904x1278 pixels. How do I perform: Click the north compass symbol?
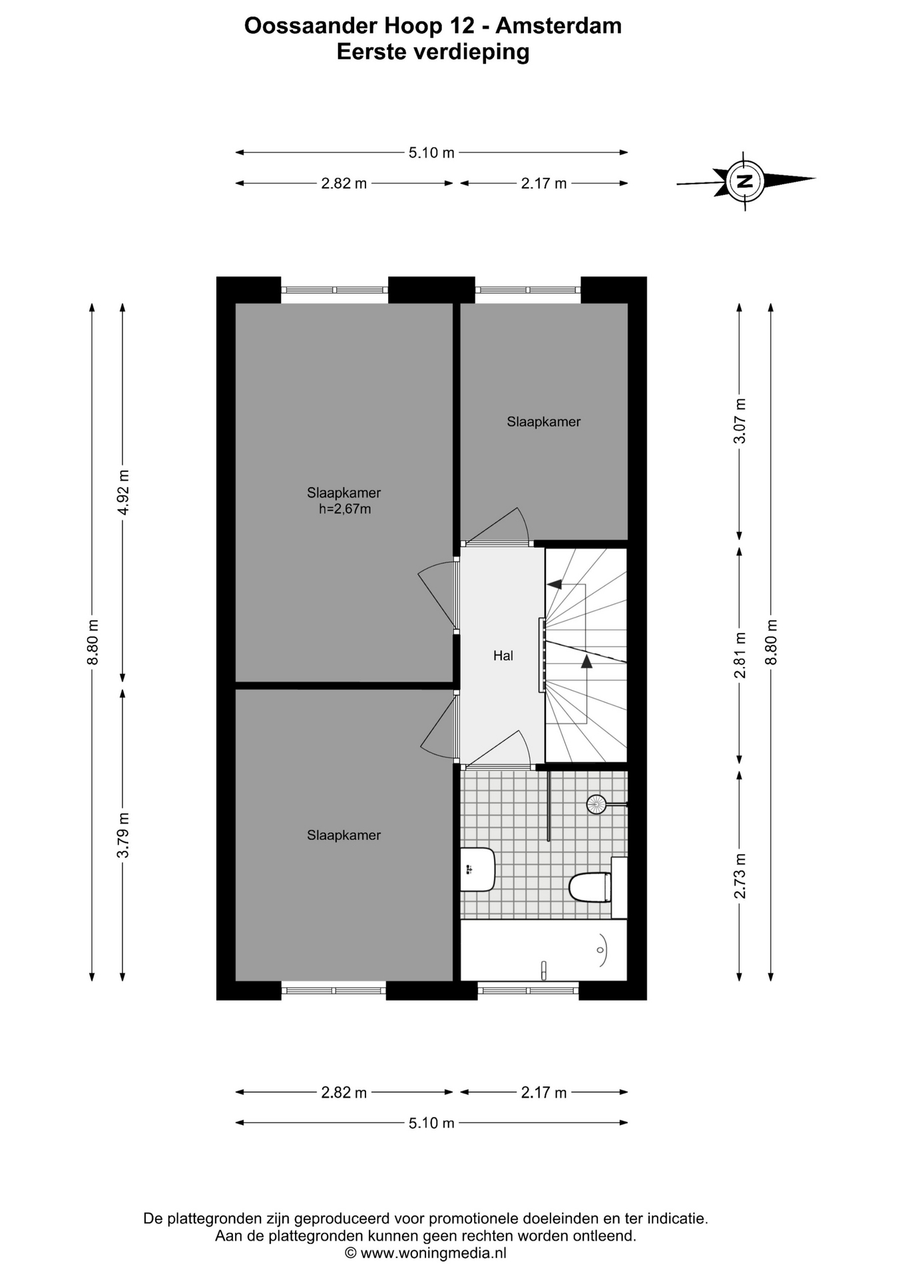coord(745,180)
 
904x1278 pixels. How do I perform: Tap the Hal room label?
coord(503,656)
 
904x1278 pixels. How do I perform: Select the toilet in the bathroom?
coord(590,887)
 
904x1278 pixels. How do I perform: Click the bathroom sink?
coord(478,869)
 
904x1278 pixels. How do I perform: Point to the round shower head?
coord(596,805)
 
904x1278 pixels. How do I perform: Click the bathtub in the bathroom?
coord(544,950)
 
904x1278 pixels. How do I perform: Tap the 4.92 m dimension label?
coord(123,493)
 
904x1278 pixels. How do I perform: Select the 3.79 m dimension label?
coord(123,835)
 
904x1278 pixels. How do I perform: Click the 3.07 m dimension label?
coord(740,421)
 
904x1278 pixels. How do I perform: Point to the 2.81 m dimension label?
coord(740,656)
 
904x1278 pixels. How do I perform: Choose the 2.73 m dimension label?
coord(740,876)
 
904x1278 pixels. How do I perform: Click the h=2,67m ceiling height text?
coord(345,509)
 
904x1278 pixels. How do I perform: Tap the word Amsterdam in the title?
coord(559,25)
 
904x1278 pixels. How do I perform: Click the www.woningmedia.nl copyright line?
coord(425,1253)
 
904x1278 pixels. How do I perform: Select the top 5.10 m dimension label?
coord(431,152)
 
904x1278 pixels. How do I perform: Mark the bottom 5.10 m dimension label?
coord(431,1123)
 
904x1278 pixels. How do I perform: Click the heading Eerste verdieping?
coord(433,52)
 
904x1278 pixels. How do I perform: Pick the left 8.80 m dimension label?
coord(93,642)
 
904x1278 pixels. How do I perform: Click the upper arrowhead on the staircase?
coord(554,584)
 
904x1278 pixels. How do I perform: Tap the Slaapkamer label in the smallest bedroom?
coord(544,421)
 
